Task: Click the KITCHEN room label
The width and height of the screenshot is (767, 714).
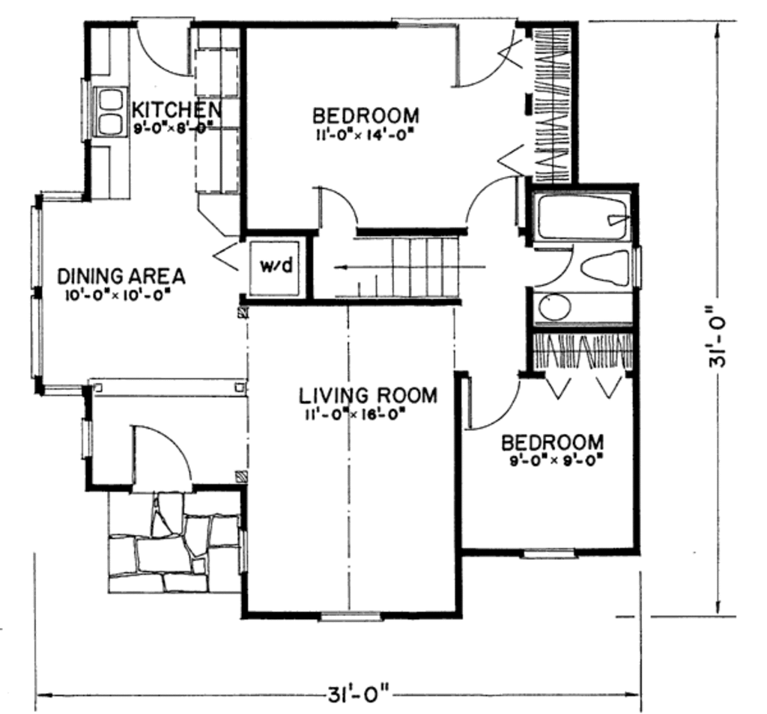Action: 177,109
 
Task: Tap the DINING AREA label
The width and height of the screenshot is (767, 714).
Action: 121,276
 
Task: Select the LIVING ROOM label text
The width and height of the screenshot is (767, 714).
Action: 368,395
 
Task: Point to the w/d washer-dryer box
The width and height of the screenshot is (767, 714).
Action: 276,266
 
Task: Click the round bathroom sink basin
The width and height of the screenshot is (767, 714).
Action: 555,306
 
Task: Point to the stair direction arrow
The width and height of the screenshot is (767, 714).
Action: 410,267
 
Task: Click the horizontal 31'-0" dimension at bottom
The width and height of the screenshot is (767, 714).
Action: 358,694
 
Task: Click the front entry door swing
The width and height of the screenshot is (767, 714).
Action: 161,454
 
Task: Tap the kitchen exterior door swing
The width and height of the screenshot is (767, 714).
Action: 163,49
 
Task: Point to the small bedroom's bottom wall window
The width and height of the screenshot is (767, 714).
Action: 548,554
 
